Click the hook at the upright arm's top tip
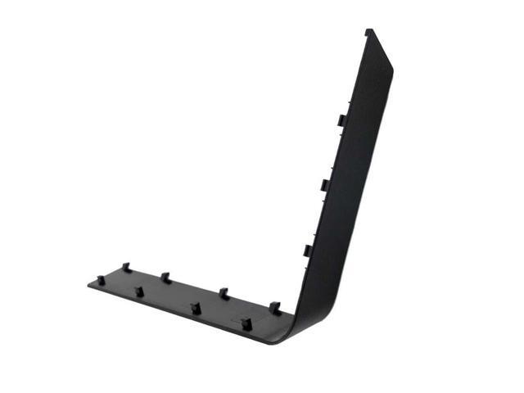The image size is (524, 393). tap(369, 32)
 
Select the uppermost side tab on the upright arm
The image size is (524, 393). tap(339, 120)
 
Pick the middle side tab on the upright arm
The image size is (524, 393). tap(323, 185)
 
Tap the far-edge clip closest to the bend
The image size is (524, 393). tap(274, 307)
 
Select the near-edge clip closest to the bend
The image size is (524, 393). tap(245, 321)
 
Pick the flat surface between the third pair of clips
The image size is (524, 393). tap(208, 300)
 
